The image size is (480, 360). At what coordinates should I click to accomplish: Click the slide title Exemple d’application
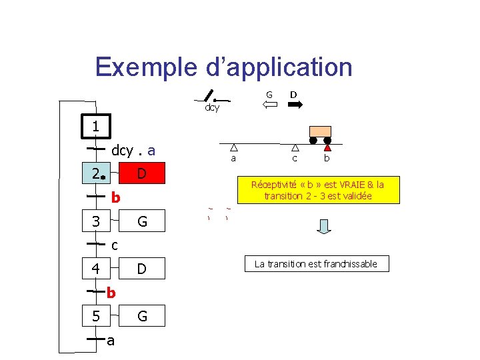coord(223,67)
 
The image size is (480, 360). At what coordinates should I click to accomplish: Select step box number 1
coord(96,126)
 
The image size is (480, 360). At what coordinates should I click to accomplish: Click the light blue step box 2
coord(96,174)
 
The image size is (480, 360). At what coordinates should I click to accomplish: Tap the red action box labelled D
coord(141,174)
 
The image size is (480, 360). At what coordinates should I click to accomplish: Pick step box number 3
coord(96,221)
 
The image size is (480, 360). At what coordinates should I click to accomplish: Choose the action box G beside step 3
coord(141,221)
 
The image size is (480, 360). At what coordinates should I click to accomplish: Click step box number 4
coord(96,269)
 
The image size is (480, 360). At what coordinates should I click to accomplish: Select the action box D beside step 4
coord(141,269)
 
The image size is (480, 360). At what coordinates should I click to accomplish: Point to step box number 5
coord(96,316)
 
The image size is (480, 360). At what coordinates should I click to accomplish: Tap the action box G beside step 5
coord(141,316)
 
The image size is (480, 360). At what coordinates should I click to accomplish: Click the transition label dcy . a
coord(133,151)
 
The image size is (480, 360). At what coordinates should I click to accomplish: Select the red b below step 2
coord(115,197)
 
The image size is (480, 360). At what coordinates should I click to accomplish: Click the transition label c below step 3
coord(115,245)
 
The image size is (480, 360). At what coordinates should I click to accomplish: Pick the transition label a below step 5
coord(111,341)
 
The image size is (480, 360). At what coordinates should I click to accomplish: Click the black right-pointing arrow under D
coord(294,105)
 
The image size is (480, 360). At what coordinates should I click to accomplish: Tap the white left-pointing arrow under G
coord(269,105)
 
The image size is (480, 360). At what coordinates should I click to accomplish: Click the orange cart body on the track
coord(320,131)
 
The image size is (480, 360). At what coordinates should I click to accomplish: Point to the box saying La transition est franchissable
coord(316,264)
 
